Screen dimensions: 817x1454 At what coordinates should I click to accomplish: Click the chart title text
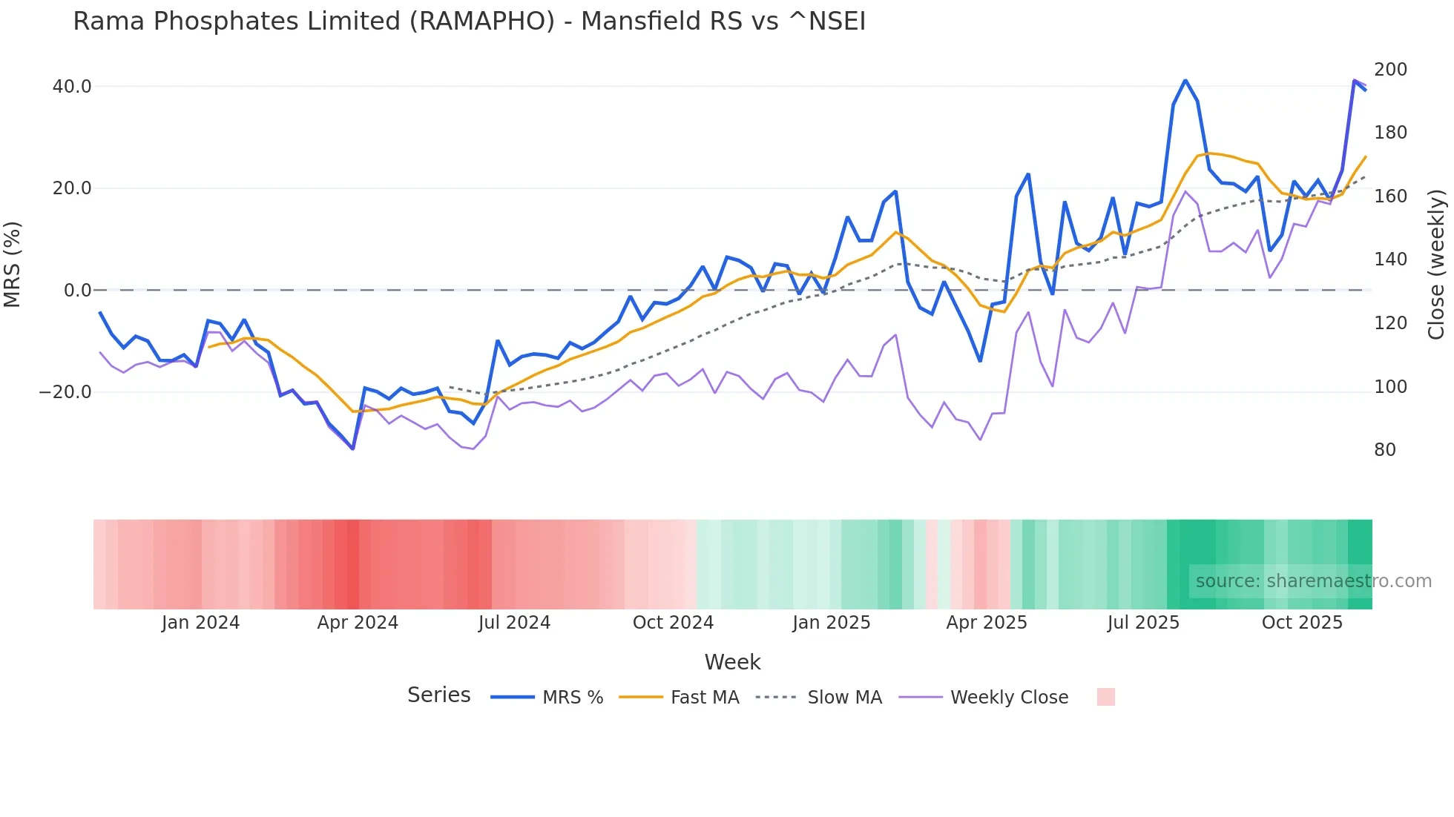(x=469, y=21)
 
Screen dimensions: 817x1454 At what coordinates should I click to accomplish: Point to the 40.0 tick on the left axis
(x=72, y=87)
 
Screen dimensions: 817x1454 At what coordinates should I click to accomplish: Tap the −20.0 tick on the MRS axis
(x=65, y=392)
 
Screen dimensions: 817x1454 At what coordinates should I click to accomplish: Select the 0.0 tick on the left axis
(x=77, y=291)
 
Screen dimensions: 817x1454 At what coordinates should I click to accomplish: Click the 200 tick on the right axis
(x=1390, y=70)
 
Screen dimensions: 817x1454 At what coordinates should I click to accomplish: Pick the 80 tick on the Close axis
(x=1385, y=450)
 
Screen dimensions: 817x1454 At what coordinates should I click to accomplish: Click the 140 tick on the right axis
(x=1390, y=259)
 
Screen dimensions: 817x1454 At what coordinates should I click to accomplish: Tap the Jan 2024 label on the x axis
(x=200, y=623)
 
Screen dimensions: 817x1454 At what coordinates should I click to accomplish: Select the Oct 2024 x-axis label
(x=673, y=623)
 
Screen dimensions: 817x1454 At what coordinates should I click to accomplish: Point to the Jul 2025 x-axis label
(x=1143, y=623)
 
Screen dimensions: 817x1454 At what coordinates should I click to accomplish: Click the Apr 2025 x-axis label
(x=987, y=623)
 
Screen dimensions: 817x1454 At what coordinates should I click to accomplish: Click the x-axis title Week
(x=732, y=662)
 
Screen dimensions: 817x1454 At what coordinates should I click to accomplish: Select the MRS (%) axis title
(x=13, y=265)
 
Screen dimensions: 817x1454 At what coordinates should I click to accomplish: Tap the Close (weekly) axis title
(x=1437, y=265)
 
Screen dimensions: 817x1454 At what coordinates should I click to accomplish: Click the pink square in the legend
(x=1105, y=697)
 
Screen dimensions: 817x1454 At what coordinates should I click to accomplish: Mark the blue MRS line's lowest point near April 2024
(x=353, y=449)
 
